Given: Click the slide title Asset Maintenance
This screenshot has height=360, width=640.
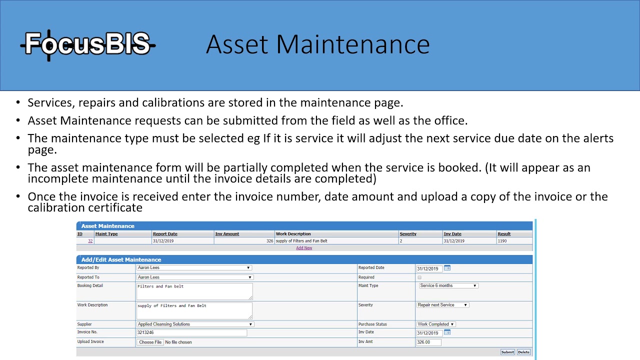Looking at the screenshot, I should [317, 44].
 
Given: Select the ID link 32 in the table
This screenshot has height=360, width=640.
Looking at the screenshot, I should [90, 241].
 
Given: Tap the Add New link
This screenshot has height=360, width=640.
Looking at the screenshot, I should [304, 248].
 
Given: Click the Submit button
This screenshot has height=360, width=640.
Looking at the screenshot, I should [507, 352].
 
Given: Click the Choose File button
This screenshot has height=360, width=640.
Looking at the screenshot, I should [150, 342].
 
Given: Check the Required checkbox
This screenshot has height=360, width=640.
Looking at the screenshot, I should [419, 277].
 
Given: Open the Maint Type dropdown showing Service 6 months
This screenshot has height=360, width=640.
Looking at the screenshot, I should [448, 286].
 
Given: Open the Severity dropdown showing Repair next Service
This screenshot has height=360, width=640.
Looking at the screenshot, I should [442, 305].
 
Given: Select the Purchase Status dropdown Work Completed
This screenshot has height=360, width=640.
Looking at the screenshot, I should [436, 324].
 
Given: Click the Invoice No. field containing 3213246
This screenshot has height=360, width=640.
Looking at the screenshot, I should [191, 333].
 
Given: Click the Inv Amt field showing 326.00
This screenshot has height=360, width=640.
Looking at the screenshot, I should [429, 342].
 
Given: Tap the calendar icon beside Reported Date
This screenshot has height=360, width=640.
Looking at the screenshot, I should [447, 268].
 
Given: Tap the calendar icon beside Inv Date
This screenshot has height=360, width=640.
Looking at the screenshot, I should [447, 332].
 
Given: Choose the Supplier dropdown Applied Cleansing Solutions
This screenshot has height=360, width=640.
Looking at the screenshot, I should [195, 324].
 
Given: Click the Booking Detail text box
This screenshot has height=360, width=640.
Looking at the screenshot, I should [194, 291].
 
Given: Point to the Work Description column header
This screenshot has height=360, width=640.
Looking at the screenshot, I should [293, 234].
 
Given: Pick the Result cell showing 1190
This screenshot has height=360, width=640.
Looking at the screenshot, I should [502, 241].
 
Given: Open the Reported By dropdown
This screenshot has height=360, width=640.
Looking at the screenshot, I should [194, 268].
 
